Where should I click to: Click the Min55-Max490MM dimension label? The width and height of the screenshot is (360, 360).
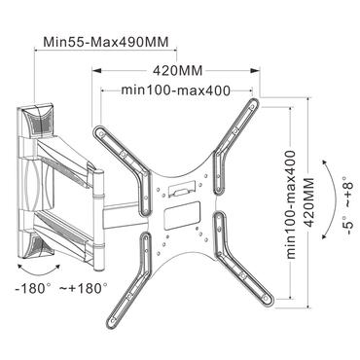[97, 43]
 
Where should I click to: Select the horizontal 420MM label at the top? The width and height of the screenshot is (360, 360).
[178, 71]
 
